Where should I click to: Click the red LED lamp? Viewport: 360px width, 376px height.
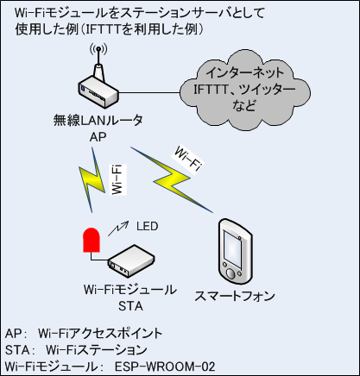coord(92,240)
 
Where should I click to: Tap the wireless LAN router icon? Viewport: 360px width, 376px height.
coord(98,86)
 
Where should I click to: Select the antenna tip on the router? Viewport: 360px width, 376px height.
coord(98,48)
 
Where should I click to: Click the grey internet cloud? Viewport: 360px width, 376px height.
coord(245,90)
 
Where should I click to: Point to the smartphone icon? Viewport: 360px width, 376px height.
coord(235,252)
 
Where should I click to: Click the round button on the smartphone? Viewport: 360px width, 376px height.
coord(231,273)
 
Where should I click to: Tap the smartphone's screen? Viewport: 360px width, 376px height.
coord(232,245)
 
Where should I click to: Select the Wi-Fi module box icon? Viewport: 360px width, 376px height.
coord(131,261)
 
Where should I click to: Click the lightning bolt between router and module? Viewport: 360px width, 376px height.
coord(92,180)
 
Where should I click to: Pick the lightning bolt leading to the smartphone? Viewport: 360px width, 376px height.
coord(172,180)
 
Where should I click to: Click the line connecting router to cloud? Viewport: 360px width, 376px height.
coord(149,92)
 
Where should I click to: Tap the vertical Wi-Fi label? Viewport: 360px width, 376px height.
coord(118,179)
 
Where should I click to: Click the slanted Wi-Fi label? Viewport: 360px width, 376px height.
coord(187,159)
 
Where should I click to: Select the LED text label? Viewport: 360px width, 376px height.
coord(148,226)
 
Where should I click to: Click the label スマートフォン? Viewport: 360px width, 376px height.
coord(235,296)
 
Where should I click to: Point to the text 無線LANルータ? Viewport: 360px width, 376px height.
coord(98,120)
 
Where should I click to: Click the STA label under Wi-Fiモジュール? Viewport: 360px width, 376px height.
coord(130,306)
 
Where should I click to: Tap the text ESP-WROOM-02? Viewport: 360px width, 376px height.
coord(165,367)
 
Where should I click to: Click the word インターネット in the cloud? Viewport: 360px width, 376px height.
coord(245,72)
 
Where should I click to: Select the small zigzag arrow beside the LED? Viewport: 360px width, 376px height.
coord(118,229)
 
